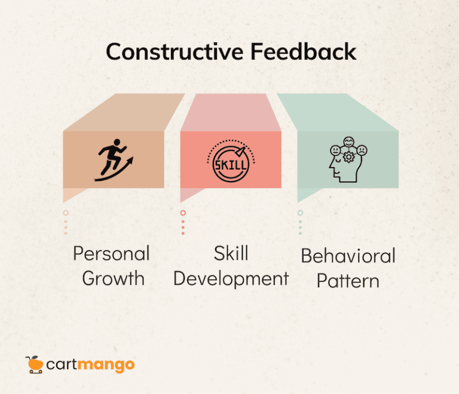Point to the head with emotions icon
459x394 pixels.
click(347, 162)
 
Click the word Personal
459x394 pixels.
click(111, 254)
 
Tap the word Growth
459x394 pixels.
click(113, 278)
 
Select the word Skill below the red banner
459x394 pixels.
click(231, 253)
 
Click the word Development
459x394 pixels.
click(231, 278)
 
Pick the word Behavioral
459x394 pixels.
click(348, 256)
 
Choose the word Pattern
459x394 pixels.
click(348, 280)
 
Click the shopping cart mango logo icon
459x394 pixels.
click(33, 364)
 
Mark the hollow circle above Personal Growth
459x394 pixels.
click(66, 213)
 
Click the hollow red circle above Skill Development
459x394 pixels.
click(183, 213)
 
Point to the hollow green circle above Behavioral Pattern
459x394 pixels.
click(300, 213)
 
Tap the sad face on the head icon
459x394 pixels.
click(362, 150)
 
